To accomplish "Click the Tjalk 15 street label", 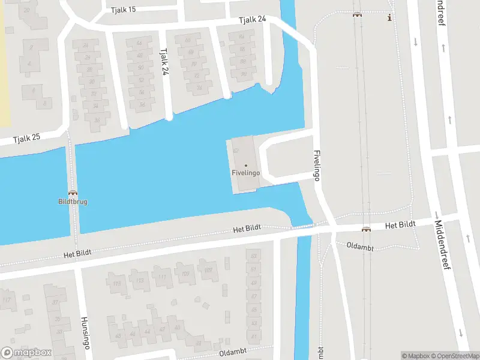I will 124,10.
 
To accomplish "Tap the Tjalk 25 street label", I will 28,137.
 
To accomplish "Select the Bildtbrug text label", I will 73,202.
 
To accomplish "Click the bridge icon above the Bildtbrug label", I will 73,193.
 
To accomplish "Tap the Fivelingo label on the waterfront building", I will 245,173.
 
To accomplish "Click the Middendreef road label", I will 442,244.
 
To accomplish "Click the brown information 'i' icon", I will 390,17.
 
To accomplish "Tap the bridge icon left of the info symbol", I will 358,15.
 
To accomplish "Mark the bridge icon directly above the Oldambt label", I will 365,229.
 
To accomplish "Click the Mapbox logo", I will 26,353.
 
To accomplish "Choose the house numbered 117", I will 7,299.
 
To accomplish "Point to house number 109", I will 185,274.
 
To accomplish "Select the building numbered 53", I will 253,256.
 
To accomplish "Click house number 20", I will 26,10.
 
